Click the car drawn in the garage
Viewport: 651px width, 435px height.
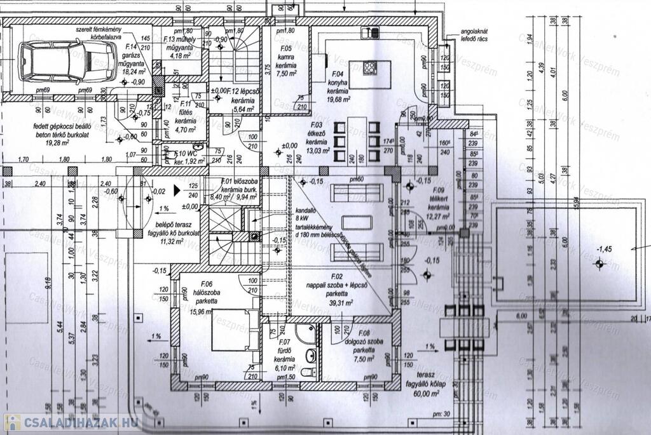pos(54,60)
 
